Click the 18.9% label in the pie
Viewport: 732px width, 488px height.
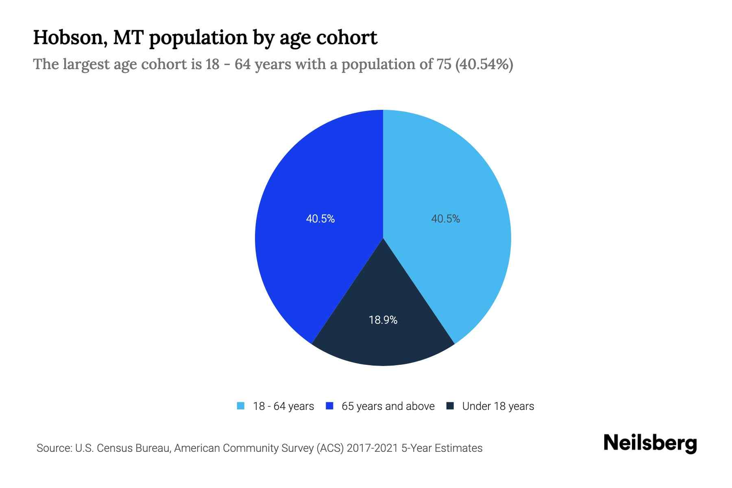pyautogui.click(x=383, y=320)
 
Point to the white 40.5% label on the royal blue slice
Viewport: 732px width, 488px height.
pyautogui.click(x=320, y=219)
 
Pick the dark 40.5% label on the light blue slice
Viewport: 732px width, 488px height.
pyautogui.click(x=446, y=219)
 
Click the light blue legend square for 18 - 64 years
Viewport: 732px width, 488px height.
pyautogui.click(x=241, y=406)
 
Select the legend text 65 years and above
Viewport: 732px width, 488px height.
pyautogui.click(x=388, y=406)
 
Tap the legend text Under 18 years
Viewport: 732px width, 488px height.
pyautogui.click(x=498, y=406)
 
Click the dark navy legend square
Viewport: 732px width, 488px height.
pyautogui.click(x=450, y=406)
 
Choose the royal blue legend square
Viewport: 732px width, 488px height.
pyautogui.click(x=330, y=406)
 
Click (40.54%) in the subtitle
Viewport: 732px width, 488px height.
pyautogui.click(x=484, y=64)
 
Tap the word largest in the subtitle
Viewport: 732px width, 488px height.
pyautogui.click(x=85, y=64)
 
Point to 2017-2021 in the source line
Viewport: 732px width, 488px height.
pyautogui.click(x=373, y=448)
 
